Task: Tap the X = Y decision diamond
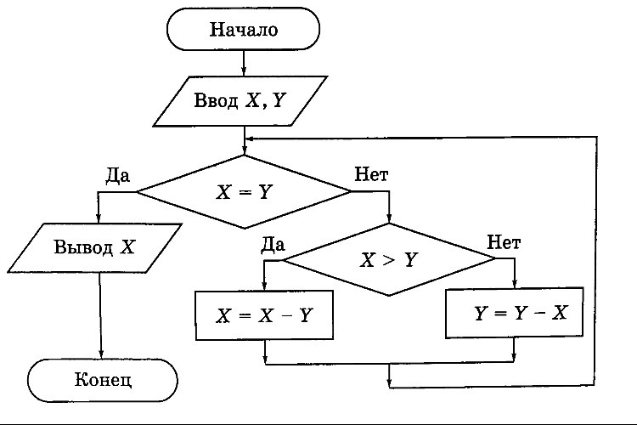[244, 191]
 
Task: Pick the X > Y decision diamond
[389, 259]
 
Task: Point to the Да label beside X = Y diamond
[116, 175]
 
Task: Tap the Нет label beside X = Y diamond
[371, 175]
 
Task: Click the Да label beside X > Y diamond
[272, 243]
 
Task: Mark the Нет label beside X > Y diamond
[504, 243]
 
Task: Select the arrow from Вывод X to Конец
[100, 314]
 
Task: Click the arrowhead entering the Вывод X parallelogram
[99, 219]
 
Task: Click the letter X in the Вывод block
[127, 248]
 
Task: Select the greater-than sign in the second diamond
[389, 260]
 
